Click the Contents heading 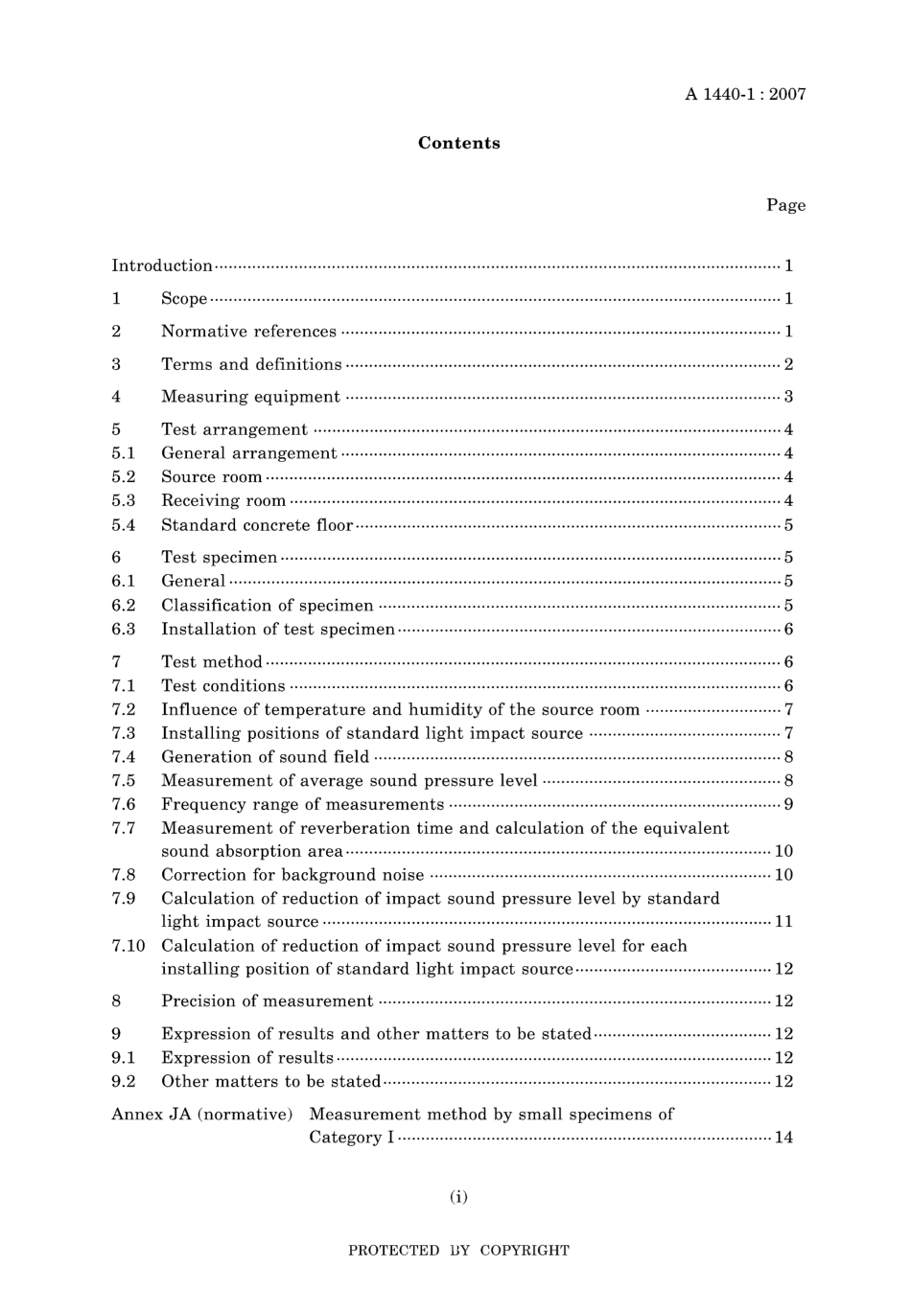click(x=458, y=143)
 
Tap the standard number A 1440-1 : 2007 click(x=745, y=94)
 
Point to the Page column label click(x=785, y=205)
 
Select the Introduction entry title click(x=162, y=265)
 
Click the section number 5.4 click(x=124, y=525)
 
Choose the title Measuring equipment click(x=250, y=397)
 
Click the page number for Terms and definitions click(x=788, y=364)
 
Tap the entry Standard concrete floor click(x=257, y=525)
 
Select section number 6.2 click(x=124, y=606)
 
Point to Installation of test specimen click(x=278, y=630)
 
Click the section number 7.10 click(x=128, y=946)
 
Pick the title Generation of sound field click(x=265, y=757)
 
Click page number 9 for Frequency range click(x=788, y=804)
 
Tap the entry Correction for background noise click(x=292, y=875)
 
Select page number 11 click(x=783, y=922)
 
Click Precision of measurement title click(x=267, y=1001)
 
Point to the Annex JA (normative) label click(x=202, y=1115)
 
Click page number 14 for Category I click(x=783, y=1138)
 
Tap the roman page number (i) click(x=458, y=1196)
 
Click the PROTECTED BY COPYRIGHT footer click(x=458, y=1251)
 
